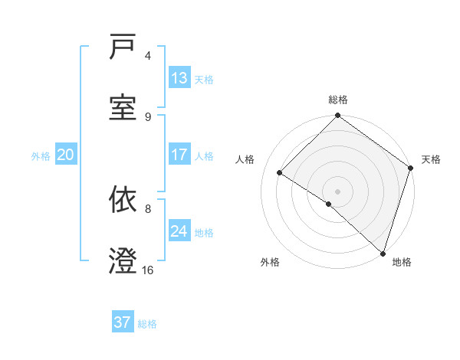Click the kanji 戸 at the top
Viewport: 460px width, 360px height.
(x=123, y=47)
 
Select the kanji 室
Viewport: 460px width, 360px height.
(x=123, y=107)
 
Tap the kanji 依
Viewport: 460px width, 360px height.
(x=123, y=201)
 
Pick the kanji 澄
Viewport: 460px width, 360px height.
(x=123, y=260)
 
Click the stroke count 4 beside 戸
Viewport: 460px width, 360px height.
(x=148, y=56)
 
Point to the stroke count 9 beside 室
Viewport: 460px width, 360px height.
(x=148, y=116)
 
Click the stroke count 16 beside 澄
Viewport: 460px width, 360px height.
(x=148, y=270)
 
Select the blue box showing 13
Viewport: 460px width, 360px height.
(x=179, y=78)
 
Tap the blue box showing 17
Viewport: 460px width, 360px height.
(x=179, y=155)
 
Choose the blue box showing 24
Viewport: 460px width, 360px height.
(x=179, y=231)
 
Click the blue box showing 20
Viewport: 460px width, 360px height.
(x=66, y=155)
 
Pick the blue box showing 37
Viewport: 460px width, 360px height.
(x=123, y=322)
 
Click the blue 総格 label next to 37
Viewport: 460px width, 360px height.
(x=147, y=324)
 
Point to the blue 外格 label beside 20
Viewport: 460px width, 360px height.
(x=41, y=156)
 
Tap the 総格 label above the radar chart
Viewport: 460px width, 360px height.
(x=338, y=100)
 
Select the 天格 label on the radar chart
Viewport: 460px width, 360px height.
(x=431, y=159)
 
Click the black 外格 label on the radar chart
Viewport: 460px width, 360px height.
(x=270, y=262)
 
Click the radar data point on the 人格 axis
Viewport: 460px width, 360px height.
(x=280, y=173)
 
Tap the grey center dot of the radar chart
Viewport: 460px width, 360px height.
(x=337, y=191)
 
